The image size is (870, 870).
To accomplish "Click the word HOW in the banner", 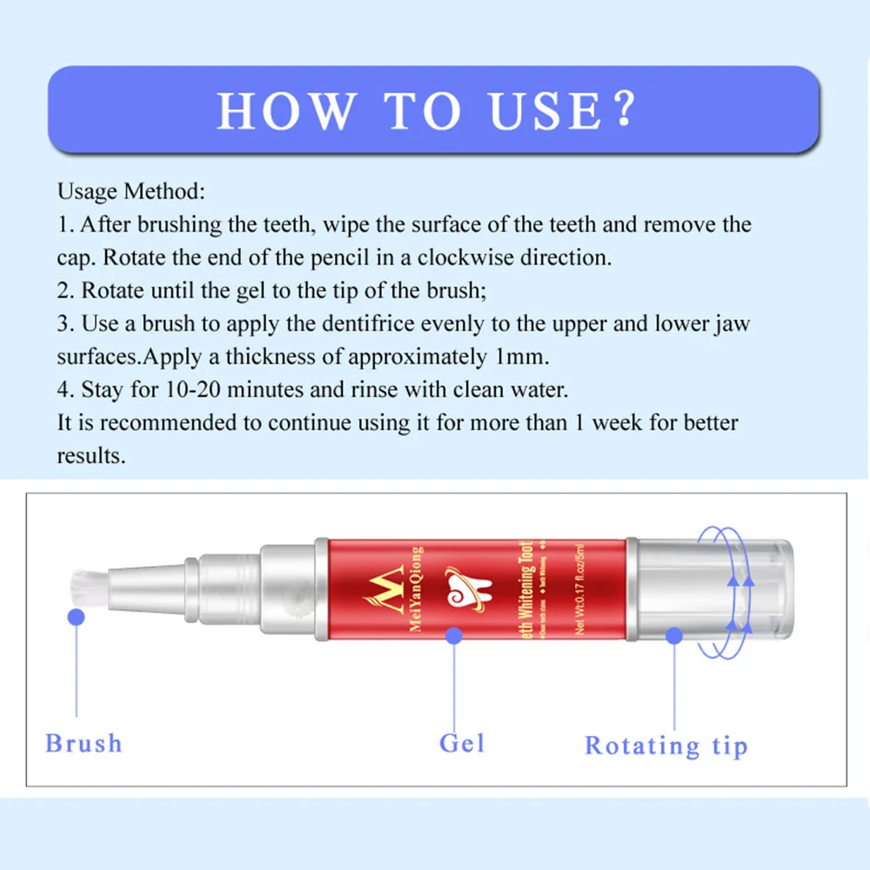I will click(286, 111).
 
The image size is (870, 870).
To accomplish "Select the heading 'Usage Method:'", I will click(131, 191).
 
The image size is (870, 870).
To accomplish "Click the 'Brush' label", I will click(84, 744).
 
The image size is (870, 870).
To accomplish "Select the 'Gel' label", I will click(462, 744).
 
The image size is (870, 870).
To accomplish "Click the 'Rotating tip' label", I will click(666, 746).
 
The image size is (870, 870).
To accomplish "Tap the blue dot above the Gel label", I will click(453, 636).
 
